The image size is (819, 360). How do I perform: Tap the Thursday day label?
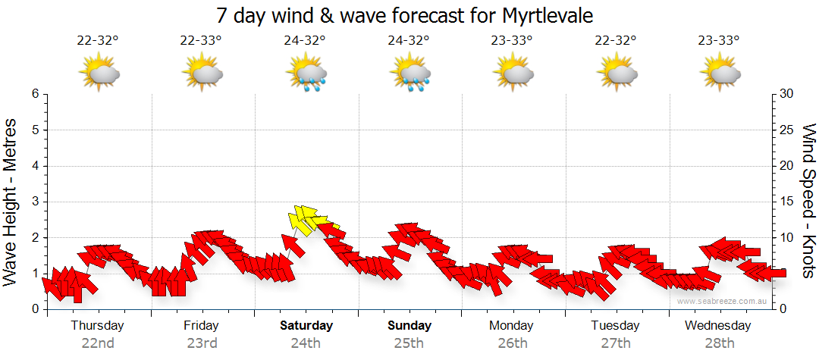click(x=98, y=325)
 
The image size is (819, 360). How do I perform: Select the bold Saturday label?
click(x=306, y=325)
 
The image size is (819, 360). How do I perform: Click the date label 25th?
click(x=409, y=343)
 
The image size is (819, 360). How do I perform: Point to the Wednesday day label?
click(x=717, y=325)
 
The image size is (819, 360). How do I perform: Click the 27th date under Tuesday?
click(x=615, y=343)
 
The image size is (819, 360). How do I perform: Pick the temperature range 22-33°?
click(x=201, y=41)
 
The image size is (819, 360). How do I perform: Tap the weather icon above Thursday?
click(x=99, y=73)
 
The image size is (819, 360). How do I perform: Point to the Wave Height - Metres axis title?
click(x=11, y=202)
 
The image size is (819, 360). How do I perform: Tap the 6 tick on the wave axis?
click(x=35, y=94)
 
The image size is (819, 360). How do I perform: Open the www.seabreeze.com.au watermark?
click(x=723, y=301)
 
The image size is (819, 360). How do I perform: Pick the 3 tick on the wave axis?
click(x=35, y=202)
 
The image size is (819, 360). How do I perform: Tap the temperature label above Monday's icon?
click(x=512, y=41)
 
